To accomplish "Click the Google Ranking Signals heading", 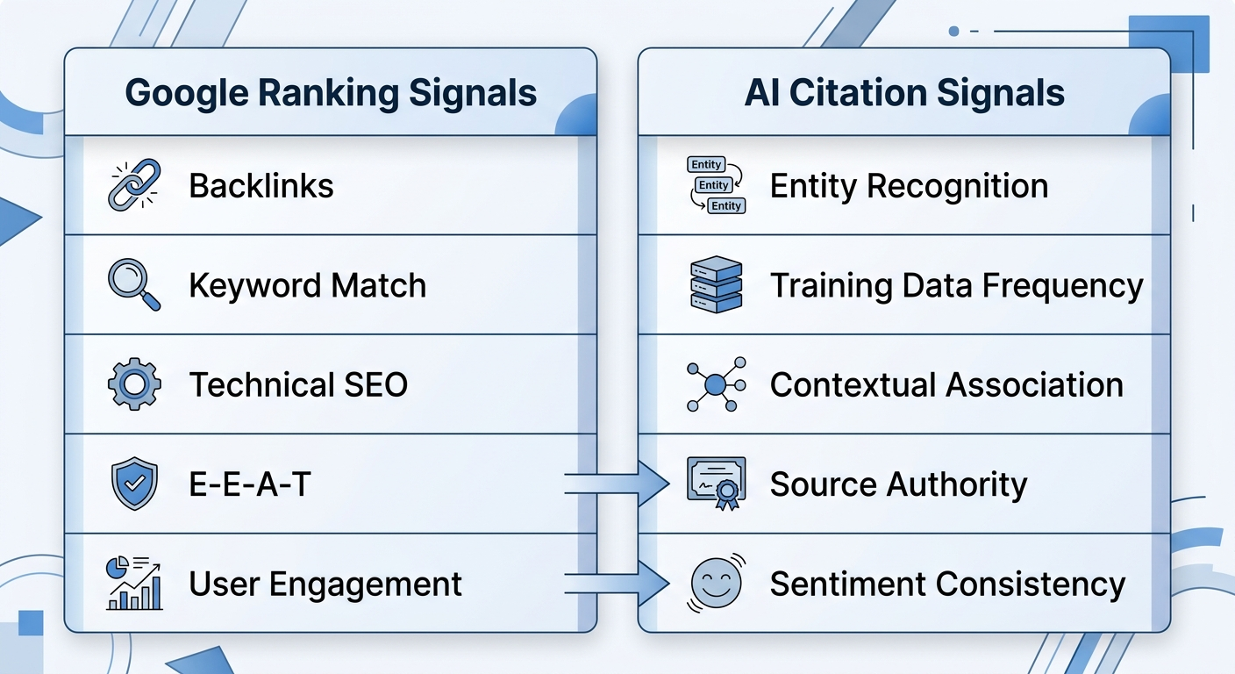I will (331, 93).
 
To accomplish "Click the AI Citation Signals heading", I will (904, 93).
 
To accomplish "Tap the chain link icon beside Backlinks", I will (134, 185).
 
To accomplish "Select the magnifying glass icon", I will (134, 284).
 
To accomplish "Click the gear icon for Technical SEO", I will (134, 384).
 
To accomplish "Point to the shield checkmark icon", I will (134, 484).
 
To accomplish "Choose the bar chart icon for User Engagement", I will (134, 583).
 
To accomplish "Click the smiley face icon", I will (716, 583).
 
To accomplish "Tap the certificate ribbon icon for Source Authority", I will (716, 484).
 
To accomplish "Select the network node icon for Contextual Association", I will (716, 384).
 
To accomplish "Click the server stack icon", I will (716, 284).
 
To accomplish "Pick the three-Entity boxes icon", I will (716, 185).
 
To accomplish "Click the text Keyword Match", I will (307, 285).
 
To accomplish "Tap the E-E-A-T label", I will (250, 484).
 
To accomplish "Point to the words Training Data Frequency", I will (956, 285).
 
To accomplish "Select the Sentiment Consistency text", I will (947, 584).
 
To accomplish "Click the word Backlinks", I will (261, 186).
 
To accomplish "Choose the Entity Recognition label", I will (909, 186).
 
